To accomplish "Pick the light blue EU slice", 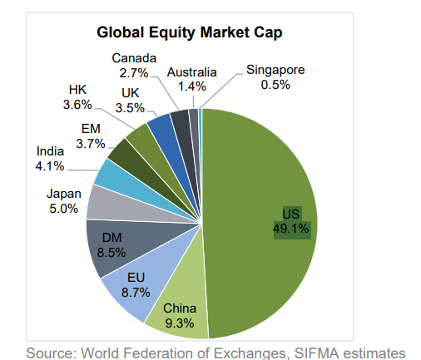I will pos(132,287).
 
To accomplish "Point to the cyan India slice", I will pos(111,172).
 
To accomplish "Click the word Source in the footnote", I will pos(51,352).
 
